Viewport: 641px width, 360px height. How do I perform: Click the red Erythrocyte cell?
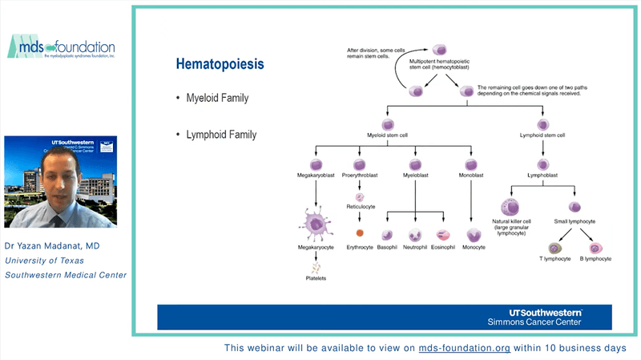pyautogui.click(x=360, y=233)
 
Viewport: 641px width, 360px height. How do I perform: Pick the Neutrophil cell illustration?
pyautogui.click(x=415, y=235)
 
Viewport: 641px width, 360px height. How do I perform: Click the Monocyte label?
pyautogui.click(x=475, y=247)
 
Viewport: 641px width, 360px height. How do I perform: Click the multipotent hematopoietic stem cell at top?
pyautogui.click(x=440, y=51)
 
